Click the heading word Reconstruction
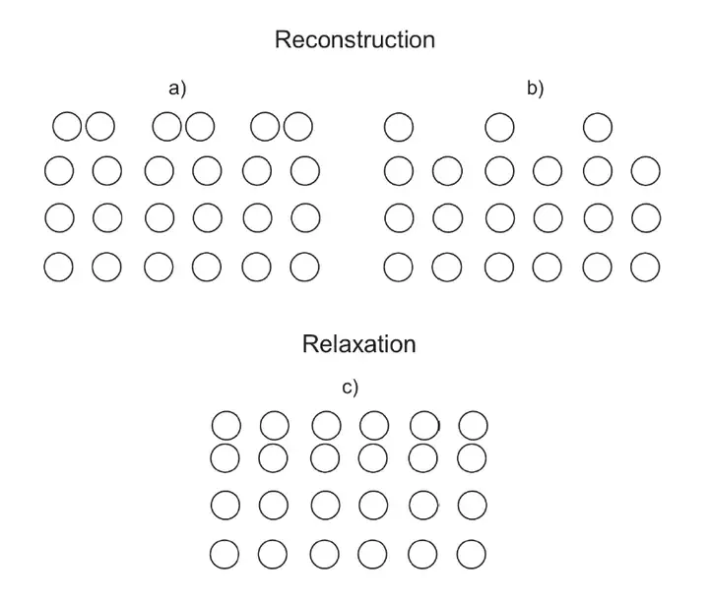[354, 40]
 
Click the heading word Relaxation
[359, 344]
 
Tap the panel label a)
[177, 89]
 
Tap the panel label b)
[535, 89]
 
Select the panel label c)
[350, 387]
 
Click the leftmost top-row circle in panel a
[67, 127]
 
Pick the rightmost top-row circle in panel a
[297, 127]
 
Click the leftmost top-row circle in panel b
[399, 127]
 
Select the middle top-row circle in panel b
[499, 127]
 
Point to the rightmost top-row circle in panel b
[598, 127]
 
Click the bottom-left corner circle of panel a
[59, 266]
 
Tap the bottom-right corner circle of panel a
[305, 266]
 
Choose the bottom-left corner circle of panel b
[399, 266]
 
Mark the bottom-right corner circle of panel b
[645, 266]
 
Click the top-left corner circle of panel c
[226, 426]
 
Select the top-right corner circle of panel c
[473, 426]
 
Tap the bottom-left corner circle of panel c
[226, 553]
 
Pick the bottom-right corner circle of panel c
[472, 553]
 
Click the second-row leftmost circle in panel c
[226, 456]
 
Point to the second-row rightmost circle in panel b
[645, 170]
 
